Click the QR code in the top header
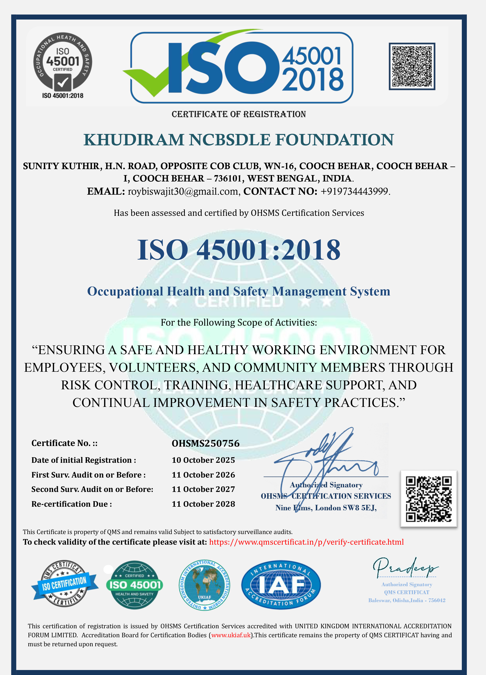coord(412,66)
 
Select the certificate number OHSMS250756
coord(206,443)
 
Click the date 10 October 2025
coord(203,460)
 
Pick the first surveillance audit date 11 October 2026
coord(203,475)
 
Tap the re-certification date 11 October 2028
coord(203,504)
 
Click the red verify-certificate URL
coord(306,542)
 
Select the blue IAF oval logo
coord(281,585)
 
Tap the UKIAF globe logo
coord(204,585)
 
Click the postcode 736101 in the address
coord(228,178)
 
